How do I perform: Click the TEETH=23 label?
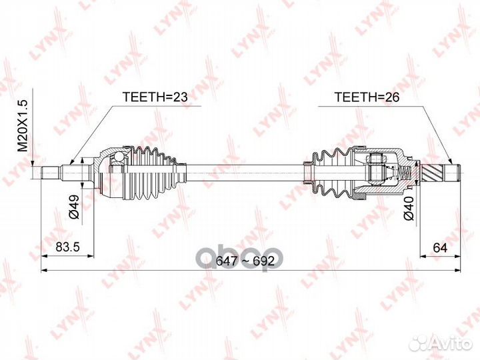point(155,97)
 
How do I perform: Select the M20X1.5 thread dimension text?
point(21,133)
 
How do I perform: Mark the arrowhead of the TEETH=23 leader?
point(71,163)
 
